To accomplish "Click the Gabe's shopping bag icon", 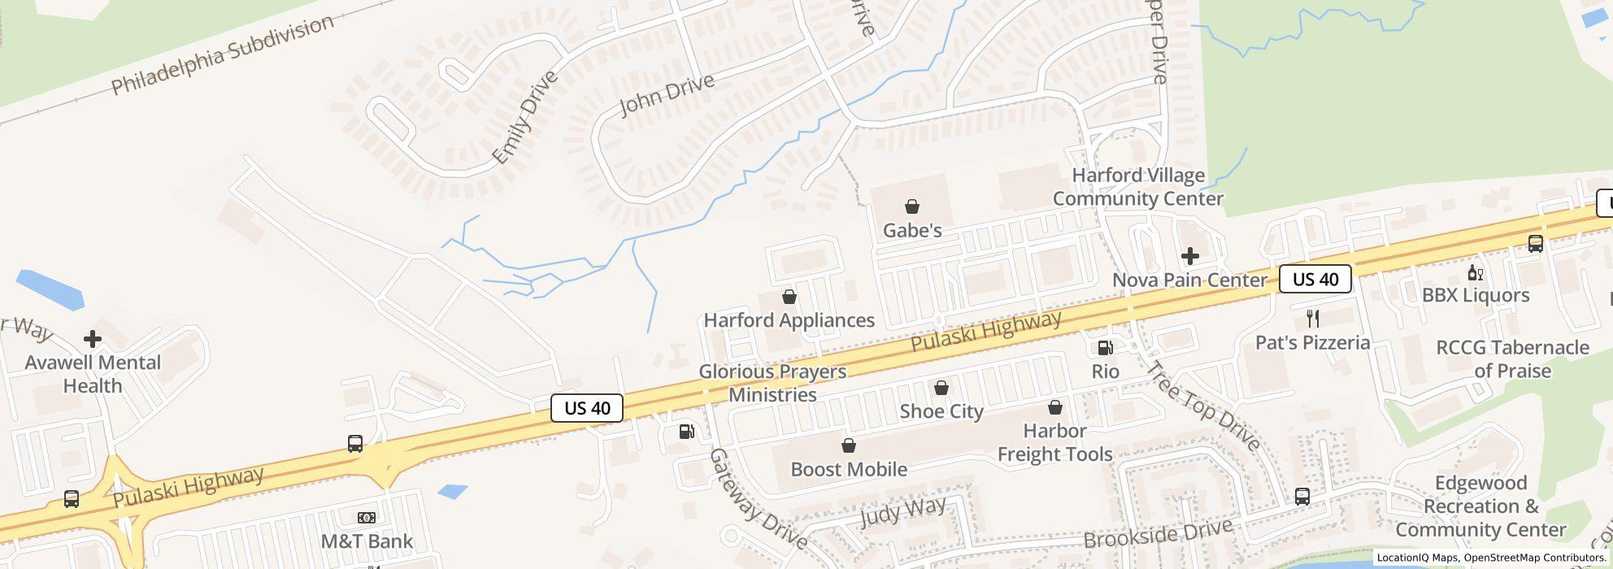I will tap(912, 206).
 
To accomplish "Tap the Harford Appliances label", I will tap(789, 320).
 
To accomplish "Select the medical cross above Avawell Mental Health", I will tap(93, 338).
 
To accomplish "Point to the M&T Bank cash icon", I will tap(367, 517).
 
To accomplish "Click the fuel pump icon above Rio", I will tap(1105, 348).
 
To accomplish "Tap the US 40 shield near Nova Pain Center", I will tap(1315, 280).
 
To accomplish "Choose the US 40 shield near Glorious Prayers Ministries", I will tap(587, 407).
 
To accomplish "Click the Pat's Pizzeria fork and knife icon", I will tap(1312, 318).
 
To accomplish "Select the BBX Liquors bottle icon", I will tap(1475, 272).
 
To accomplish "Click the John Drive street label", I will tap(667, 95).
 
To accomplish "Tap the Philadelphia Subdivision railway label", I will tap(222, 54).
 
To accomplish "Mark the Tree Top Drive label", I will tap(1202, 405).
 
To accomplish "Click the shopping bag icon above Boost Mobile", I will tap(849, 445).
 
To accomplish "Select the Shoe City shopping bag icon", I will tap(941, 389).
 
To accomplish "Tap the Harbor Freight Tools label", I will tap(1054, 442).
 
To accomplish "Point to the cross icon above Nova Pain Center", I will tap(1189, 257).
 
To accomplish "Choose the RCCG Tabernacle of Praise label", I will tap(1512, 358).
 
